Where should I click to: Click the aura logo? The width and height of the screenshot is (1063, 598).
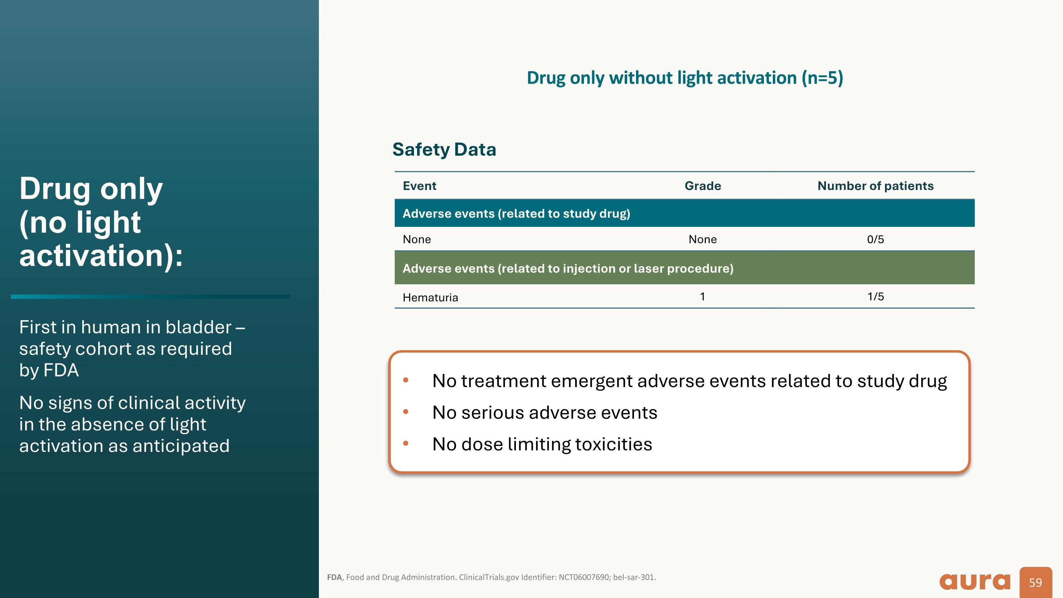pos(975,582)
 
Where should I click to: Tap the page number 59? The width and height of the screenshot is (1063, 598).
pos(1035,582)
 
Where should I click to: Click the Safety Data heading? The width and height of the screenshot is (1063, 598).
pos(444,149)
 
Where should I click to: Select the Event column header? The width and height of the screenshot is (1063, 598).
pos(419,186)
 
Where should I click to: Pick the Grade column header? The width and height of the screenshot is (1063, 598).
pos(702,186)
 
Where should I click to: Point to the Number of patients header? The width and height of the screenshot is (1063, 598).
pos(875,186)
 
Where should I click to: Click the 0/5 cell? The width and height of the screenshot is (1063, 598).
pos(875,239)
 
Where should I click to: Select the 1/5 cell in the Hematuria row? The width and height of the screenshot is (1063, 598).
pos(875,296)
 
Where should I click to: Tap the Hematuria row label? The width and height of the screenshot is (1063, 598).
pos(430,297)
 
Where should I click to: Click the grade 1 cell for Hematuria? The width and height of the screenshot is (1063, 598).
pos(702,296)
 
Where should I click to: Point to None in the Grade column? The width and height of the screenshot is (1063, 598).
pos(702,239)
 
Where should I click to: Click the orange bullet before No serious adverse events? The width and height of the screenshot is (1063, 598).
pos(406,412)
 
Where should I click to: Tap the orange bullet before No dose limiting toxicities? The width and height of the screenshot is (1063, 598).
pos(406,443)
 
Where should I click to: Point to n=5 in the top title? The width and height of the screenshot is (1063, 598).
pos(822,78)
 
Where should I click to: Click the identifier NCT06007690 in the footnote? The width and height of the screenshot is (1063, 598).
pos(584,577)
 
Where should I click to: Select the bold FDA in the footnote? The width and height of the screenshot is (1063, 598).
pos(334,577)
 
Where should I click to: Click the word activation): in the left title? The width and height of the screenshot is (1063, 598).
pos(101,256)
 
